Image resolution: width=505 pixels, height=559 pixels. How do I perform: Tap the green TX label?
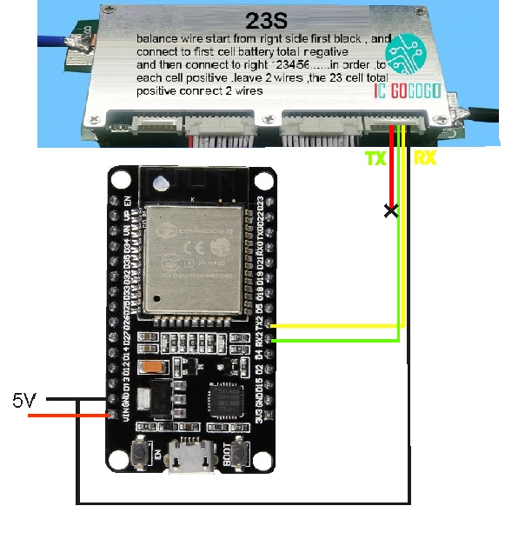click(x=374, y=158)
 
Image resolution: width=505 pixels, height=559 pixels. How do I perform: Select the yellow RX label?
click(x=426, y=158)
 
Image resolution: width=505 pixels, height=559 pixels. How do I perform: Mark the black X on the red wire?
click(x=393, y=210)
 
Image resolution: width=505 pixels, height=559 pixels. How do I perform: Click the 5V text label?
click(x=24, y=402)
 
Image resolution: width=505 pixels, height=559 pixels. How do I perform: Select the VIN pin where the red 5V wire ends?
click(x=110, y=416)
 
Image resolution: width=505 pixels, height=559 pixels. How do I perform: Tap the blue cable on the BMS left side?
click(x=52, y=39)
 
